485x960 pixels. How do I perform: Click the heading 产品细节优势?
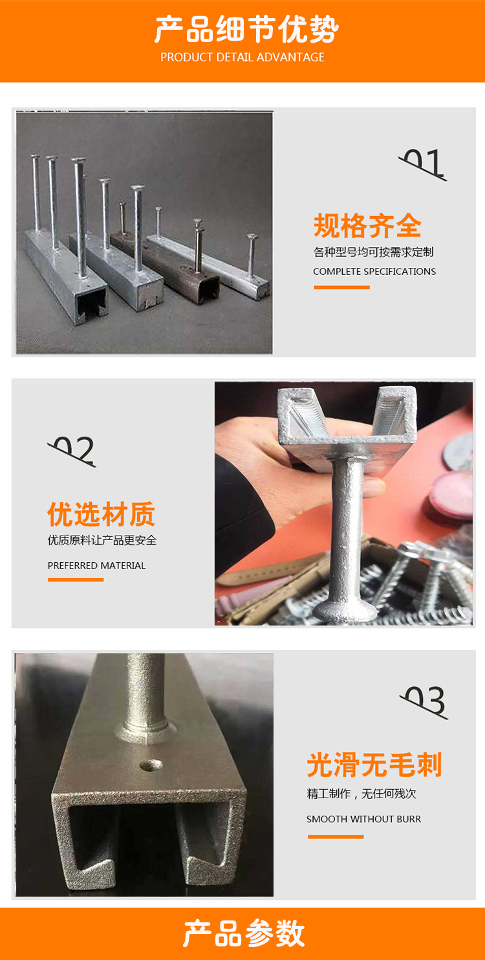tap(246, 30)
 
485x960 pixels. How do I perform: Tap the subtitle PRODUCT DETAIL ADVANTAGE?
tap(242, 58)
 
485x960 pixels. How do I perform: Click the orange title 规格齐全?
tap(367, 226)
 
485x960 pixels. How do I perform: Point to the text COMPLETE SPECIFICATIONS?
tap(374, 271)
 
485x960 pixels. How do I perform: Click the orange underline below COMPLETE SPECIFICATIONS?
tap(341, 287)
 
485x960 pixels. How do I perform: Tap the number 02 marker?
tap(72, 451)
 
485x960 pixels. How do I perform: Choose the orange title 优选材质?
tap(101, 514)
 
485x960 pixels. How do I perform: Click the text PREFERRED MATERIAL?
tap(96, 565)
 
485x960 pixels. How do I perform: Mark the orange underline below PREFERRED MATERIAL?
tap(76, 580)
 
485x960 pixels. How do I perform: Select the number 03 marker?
tap(424, 702)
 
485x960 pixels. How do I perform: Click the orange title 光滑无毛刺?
tap(374, 765)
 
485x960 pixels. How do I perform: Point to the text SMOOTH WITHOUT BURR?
tap(363, 819)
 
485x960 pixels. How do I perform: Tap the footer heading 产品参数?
tap(243, 933)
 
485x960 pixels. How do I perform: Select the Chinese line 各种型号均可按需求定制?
tap(373, 252)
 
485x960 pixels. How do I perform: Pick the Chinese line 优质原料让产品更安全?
tap(102, 540)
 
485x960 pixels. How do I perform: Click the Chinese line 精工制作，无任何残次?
tap(361, 794)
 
